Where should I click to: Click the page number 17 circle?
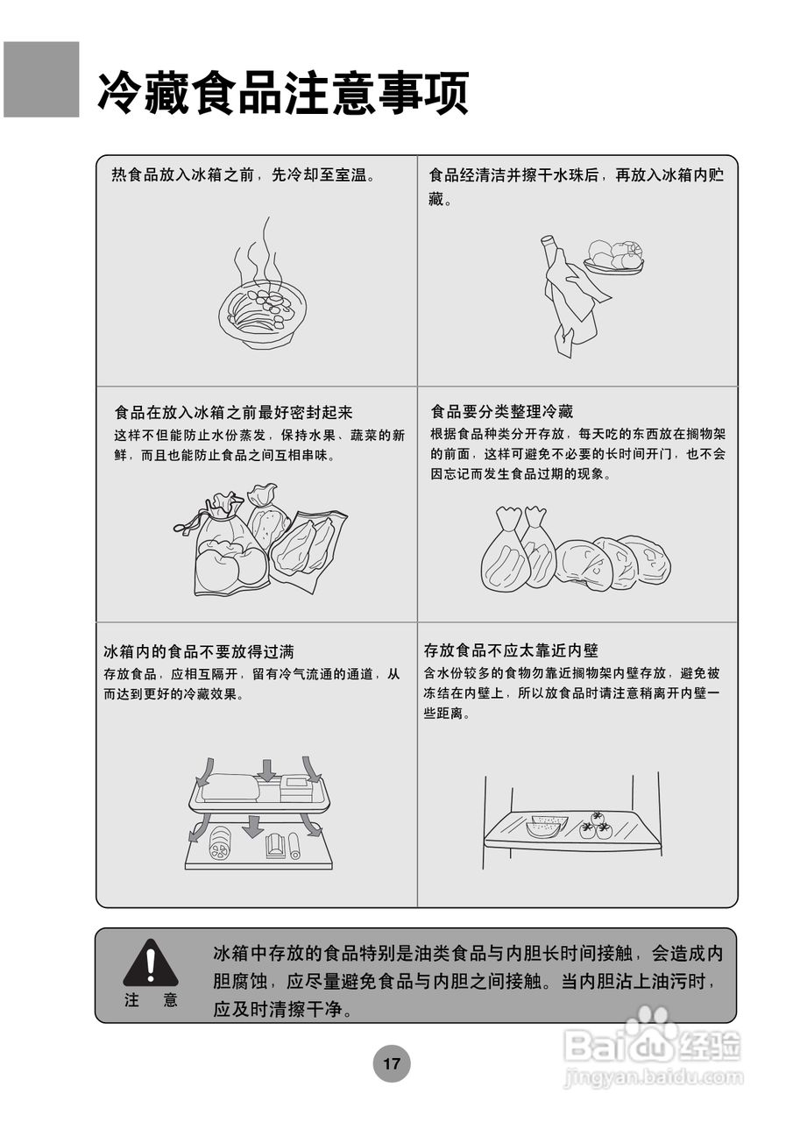pos(391,1064)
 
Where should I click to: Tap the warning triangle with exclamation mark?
pos(151,965)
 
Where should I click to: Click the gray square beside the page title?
pos(41,80)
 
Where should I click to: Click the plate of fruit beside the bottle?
pos(614,256)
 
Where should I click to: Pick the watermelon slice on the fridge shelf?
pos(546,827)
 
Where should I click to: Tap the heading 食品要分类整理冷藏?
pos(502,412)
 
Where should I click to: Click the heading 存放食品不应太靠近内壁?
pos(511,650)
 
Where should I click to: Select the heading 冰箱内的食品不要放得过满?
pos(199,651)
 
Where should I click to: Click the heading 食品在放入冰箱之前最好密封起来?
pos(233,412)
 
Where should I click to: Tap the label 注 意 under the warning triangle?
pos(151,1001)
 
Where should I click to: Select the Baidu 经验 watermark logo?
pos(652,1043)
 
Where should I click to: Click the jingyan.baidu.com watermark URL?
pos(652,1078)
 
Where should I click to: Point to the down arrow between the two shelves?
pos(253,826)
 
